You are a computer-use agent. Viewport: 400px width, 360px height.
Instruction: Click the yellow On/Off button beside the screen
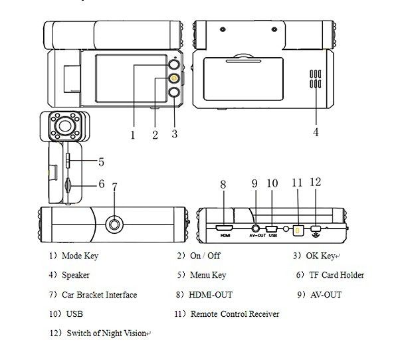(x=174, y=78)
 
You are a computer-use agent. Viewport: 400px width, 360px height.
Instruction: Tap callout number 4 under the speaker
(x=316, y=132)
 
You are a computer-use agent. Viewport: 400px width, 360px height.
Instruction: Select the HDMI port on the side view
(x=224, y=228)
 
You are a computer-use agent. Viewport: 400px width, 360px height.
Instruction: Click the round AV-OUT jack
(x=255, y=228)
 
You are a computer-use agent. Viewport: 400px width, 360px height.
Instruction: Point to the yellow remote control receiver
(x=298, y=230)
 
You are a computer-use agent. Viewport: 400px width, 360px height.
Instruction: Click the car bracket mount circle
(x=114, y=225)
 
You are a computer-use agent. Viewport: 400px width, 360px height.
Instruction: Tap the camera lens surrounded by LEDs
(x=64, y=126)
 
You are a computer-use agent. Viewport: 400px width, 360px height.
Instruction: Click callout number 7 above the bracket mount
(x=114, y=187)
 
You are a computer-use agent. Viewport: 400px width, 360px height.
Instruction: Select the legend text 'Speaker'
(x=76, y=275)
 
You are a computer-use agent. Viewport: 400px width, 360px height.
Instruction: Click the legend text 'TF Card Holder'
(x=336, y=275)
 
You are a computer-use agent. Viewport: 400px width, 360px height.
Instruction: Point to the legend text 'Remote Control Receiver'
(x=235, y=314)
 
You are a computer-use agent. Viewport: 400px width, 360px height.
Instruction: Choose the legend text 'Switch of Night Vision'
(x=106, y=333)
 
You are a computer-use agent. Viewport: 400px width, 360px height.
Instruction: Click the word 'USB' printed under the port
(x=272, y=236)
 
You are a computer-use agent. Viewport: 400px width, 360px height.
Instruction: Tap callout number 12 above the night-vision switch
(x=316, y=182)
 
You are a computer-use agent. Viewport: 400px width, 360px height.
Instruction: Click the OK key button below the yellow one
(x=174, y=92)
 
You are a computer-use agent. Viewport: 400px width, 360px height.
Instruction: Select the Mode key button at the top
(x=174, y=64)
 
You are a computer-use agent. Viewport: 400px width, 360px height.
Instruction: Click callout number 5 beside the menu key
(x=101, y=162)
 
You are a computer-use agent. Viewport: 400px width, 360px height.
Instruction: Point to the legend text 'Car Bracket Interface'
(x=99, y=295)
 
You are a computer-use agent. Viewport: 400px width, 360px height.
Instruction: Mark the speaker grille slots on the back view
(x=316, y=79)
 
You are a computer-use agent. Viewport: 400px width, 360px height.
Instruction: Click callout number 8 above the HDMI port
(x=223, y=185)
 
